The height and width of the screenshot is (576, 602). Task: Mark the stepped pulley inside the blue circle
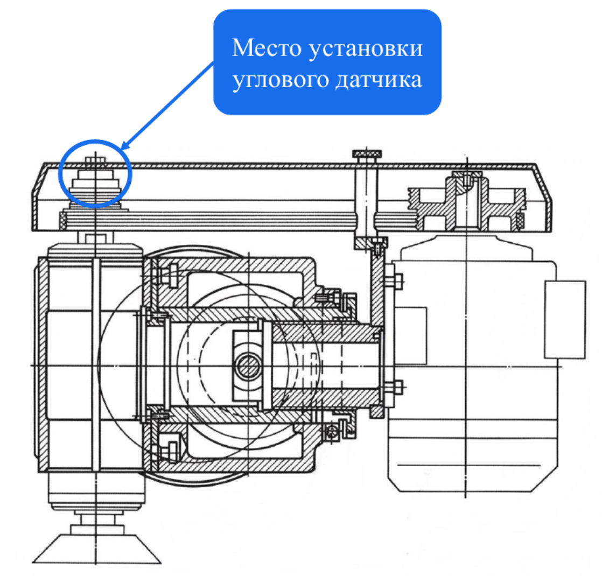(x=95, y=183)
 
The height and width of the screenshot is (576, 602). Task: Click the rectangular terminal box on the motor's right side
(x=565, y=319)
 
